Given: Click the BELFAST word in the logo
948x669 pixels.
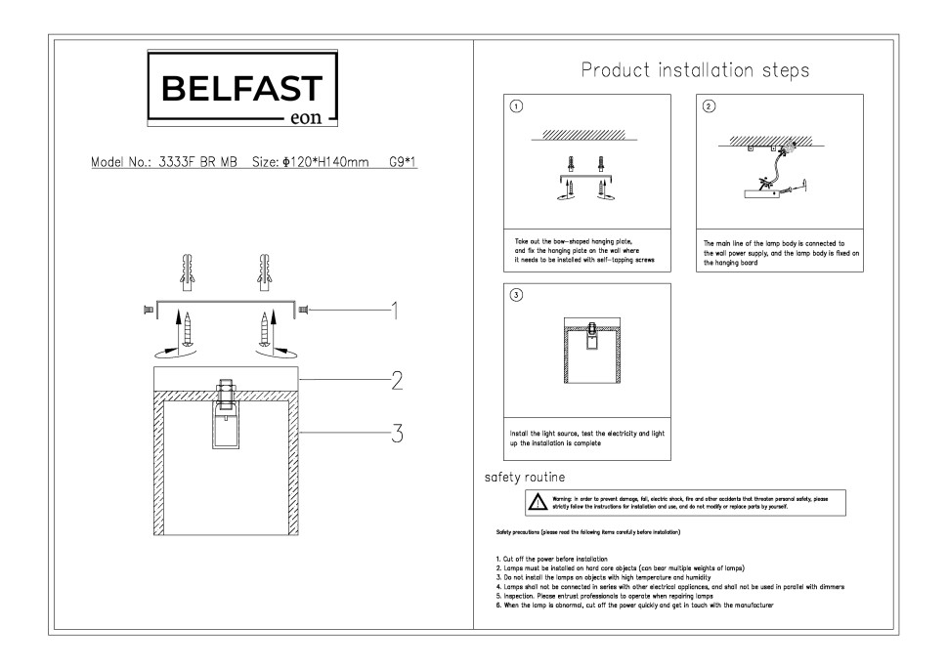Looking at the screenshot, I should tap(239, 89).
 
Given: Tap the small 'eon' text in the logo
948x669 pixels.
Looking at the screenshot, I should tap(309, 122).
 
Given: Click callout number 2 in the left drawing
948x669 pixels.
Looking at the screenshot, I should tap(396, 381).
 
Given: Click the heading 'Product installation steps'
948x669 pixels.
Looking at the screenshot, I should tap(695, 71).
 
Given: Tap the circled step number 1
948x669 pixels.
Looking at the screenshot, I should tap(518, 106).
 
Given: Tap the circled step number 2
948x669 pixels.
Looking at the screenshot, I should tap(710, 106).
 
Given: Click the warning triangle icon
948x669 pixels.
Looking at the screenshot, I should tap(538, 503).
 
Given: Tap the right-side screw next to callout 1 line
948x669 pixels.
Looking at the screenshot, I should tap(303, 310).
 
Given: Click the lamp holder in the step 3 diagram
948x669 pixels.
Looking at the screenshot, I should tap(591, 337).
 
